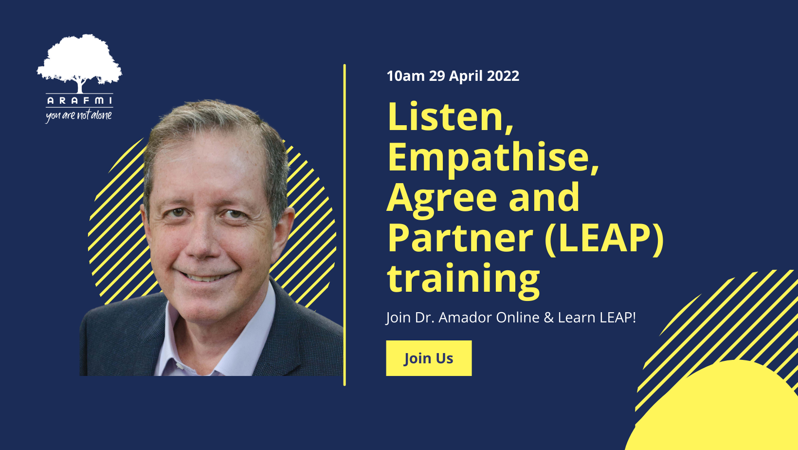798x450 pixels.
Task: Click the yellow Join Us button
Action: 429,358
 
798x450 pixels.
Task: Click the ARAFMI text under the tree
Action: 79,100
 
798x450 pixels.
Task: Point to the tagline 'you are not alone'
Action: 79,115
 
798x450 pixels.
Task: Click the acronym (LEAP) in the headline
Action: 604,238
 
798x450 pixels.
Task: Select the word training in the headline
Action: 463,279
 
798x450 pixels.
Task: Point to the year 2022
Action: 503,76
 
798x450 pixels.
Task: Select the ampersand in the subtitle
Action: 549,318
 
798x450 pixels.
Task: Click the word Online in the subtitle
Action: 518,318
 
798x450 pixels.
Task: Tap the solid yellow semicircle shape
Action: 730,414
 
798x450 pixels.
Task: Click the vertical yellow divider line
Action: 345,224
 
